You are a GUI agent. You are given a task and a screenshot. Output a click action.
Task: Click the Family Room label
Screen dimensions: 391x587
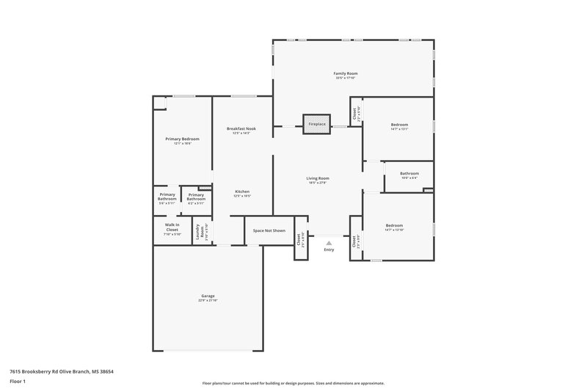(x=346, y=74)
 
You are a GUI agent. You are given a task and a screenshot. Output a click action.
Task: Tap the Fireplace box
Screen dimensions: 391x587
(x=316, y=124)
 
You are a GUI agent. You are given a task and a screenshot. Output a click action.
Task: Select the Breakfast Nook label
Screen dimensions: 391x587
(x=241, y=128)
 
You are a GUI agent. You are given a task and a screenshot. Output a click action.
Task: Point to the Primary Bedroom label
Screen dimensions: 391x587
(x=182, y=139)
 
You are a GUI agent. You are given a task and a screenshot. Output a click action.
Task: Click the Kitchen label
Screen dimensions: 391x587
(x=242, y=191)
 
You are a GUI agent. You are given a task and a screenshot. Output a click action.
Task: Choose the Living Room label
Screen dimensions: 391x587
(x=318, y=178)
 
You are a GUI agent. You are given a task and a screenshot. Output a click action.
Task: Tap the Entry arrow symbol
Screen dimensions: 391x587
(x=328, y=242)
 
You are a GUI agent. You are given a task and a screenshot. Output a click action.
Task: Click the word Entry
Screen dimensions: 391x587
(x=328, y=250)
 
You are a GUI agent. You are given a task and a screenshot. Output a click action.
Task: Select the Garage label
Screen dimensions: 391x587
(x=208, y=296)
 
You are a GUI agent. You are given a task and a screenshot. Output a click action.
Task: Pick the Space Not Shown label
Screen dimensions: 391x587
(x=269, y=230)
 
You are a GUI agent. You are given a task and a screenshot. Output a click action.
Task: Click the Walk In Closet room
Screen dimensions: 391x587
(x=172, y=230)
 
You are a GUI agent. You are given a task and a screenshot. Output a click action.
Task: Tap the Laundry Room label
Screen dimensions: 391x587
(x=198, y=233)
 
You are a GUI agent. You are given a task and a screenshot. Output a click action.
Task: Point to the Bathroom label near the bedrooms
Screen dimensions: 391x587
(x=409, y=173)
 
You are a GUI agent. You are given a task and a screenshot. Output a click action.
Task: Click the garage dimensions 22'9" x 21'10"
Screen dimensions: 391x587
(x=208, y=301)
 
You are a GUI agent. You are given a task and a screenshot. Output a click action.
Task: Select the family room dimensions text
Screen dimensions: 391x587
(x=346, y=78)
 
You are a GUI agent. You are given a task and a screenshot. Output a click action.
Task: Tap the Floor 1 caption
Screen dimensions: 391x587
(x=18, y=382)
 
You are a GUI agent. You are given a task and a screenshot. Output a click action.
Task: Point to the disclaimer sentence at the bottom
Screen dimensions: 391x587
(x=293, y=383)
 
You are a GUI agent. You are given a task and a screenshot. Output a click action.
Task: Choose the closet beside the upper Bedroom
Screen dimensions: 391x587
(x=355, y=114)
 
